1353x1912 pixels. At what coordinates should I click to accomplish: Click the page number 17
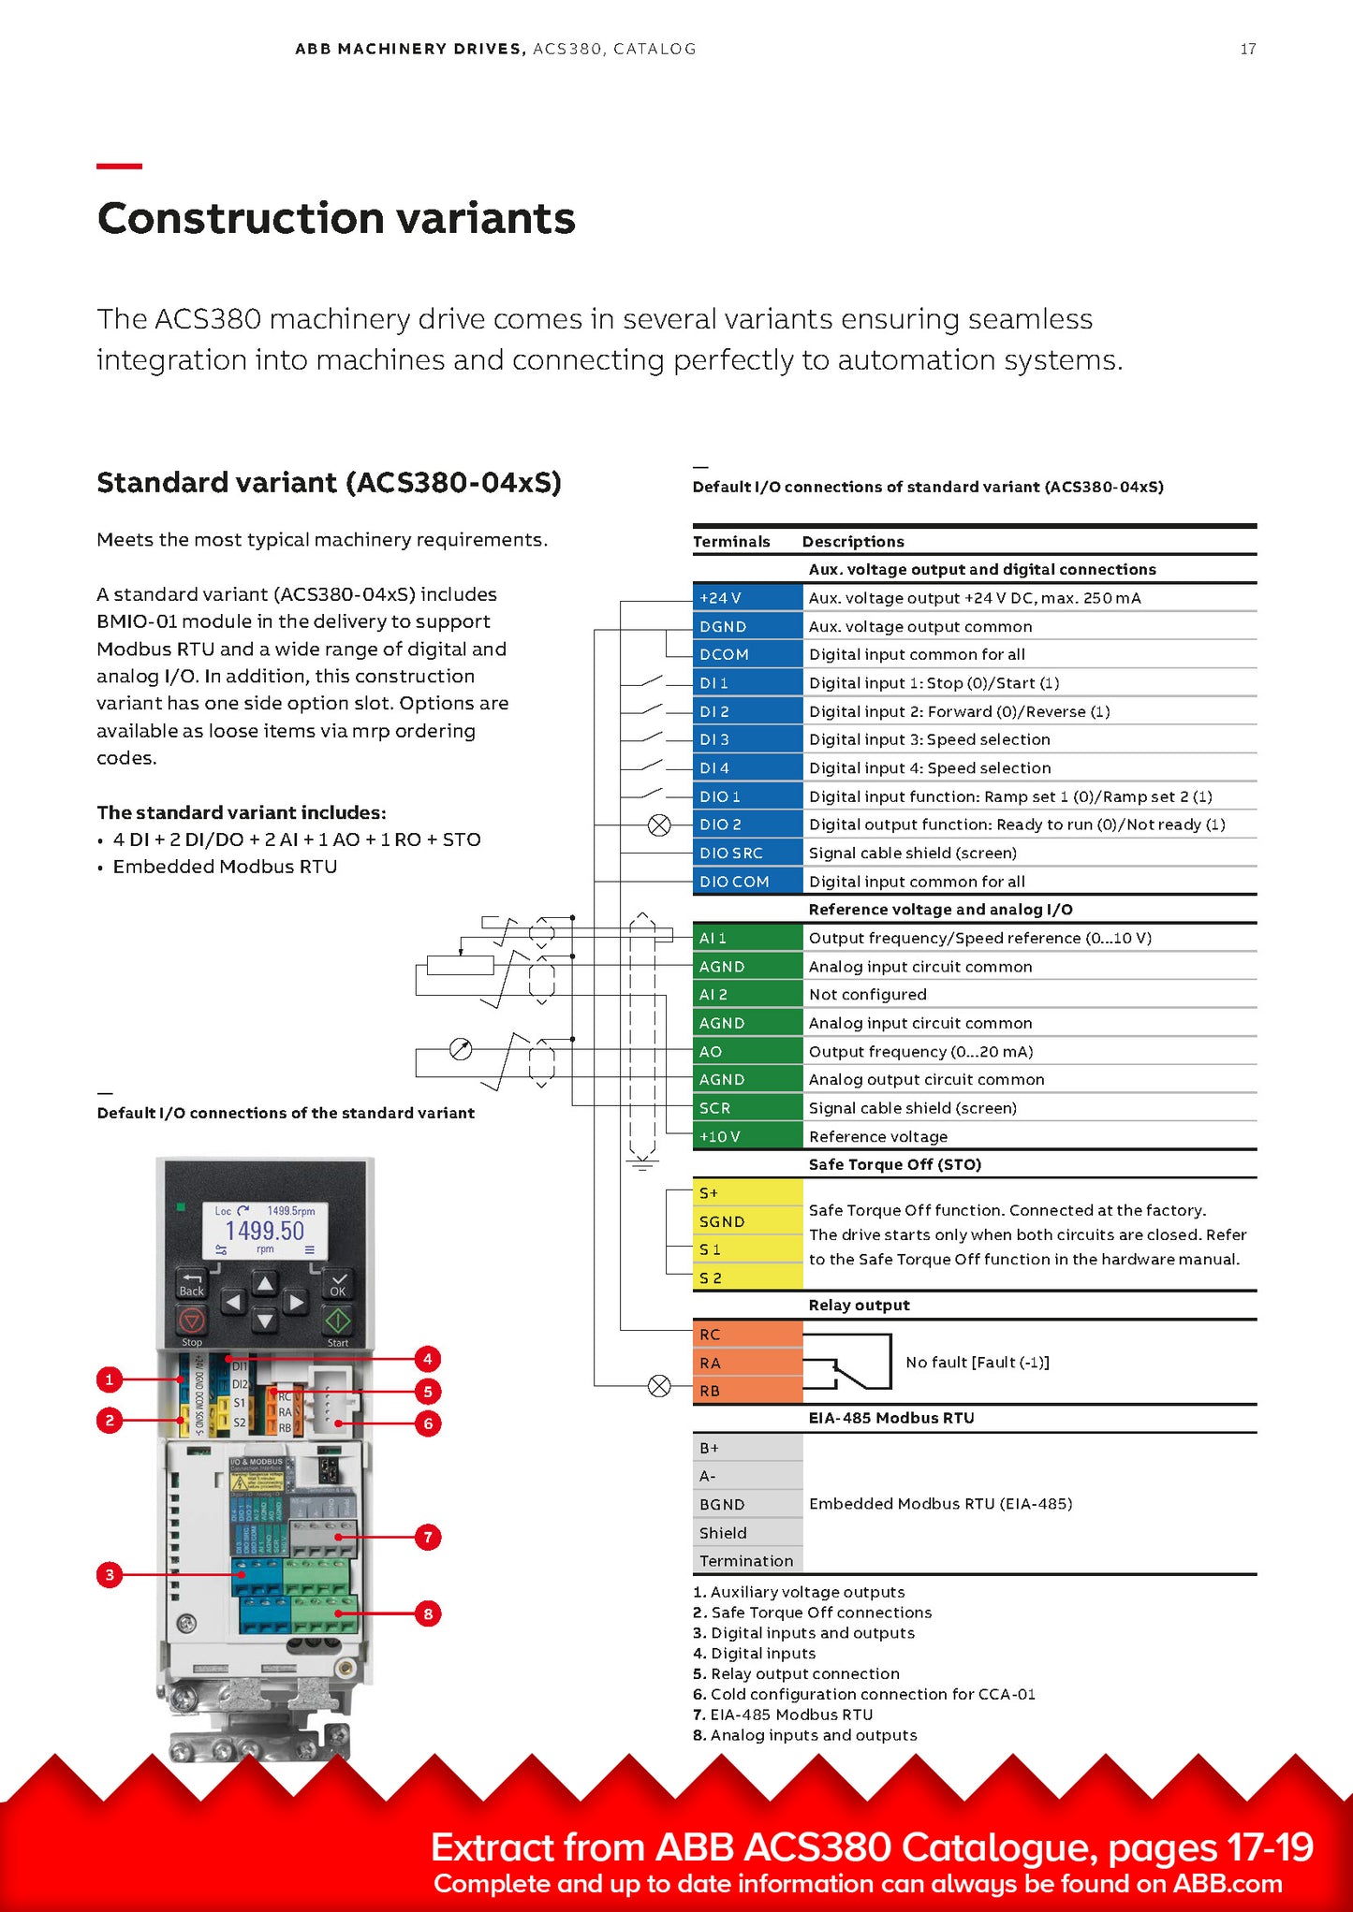click(x=1247, y=49)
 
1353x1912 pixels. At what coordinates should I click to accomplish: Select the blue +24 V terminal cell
click(x=747, y=598)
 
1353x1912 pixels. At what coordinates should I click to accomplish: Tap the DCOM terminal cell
click(x=747, y=654)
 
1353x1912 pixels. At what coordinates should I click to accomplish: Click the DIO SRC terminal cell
click(x=747, y=854)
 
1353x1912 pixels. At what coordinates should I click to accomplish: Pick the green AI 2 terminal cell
click(x=747, y=995)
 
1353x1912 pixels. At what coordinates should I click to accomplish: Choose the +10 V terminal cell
click(x=747, y=1136)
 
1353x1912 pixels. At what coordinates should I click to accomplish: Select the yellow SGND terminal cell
click(x=747, y=1221)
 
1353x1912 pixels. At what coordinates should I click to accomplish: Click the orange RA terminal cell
click(x=747, y=1363)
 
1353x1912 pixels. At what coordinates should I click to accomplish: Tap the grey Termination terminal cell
click(x=747, y=1561)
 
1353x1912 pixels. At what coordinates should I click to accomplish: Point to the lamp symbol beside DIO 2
click(x=659, y=825)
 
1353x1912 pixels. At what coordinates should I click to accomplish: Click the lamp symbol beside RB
click(x=659, y=1386)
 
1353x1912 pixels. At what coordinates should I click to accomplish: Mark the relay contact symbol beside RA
click(x=847, y=1363)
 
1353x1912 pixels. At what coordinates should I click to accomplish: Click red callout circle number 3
click(x=110, y=1575)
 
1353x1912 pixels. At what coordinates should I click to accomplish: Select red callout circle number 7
click(x=428, y=1537)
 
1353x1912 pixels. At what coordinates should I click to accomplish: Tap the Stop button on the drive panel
click(x=192, y=1321)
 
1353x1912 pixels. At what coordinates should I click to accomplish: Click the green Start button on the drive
click(x=338, y=1321)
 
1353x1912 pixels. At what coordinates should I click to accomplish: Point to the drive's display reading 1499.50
click(x=265, y=1230)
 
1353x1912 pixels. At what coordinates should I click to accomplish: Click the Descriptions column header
click(x=853, y=542)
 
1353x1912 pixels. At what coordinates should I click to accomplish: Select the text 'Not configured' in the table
click(x=867, y=995)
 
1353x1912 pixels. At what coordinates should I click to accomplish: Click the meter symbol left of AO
click(x=461, y=1049)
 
